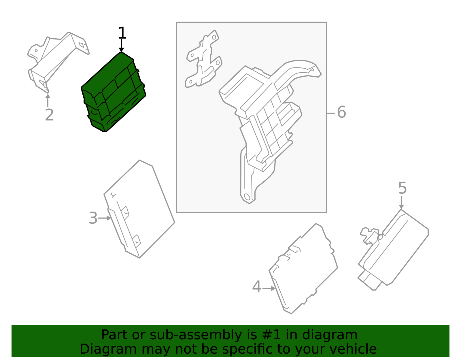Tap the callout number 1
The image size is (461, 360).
click(x=122, y=33)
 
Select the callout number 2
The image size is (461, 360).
click(x=49, y=115)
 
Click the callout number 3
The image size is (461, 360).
click(x=93, y=218)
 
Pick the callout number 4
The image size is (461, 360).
click(x=256, y=287)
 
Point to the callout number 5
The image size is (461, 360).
click(x=402, y=188)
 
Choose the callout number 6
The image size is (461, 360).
click(x=341, y=112)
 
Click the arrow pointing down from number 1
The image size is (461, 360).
click(x=121, y=46)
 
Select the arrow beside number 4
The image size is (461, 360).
click(x=269, y=288)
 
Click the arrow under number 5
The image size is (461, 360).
click(x=401, y=203)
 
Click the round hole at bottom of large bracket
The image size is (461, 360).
click(x=247, y=197)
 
